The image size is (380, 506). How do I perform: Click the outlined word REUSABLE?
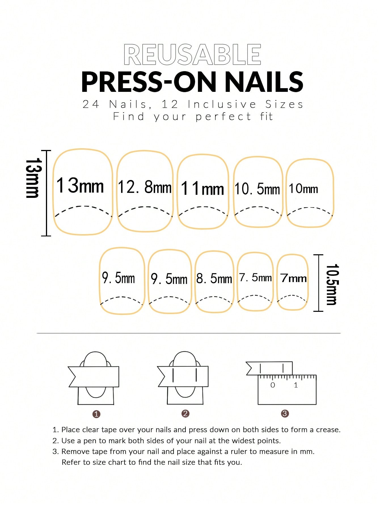tap(192, 54)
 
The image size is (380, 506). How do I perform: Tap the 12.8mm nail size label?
tap(145, 187)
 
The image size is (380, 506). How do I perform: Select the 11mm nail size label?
tap(202, 188)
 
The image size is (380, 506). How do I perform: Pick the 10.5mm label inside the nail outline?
tap(257, 189)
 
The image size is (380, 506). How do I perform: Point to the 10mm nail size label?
tap(303, 189)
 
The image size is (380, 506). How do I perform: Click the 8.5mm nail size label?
tap(214, 278)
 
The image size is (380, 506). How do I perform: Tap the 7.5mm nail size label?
tap(256, 278)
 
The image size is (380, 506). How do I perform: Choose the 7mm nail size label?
tap(294, 278)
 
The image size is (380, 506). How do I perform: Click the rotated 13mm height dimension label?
tap(34, 178)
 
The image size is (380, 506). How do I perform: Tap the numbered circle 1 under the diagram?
tap(96, 414)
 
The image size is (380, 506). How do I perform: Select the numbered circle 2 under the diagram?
tap(185, 414)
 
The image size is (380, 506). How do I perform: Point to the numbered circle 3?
tap(285, 414)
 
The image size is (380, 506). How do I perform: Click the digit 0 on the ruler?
tap(273, 385)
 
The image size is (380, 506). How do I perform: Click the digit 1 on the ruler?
tap(296, 385)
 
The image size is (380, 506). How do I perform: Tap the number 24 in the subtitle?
tap(91, 104)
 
